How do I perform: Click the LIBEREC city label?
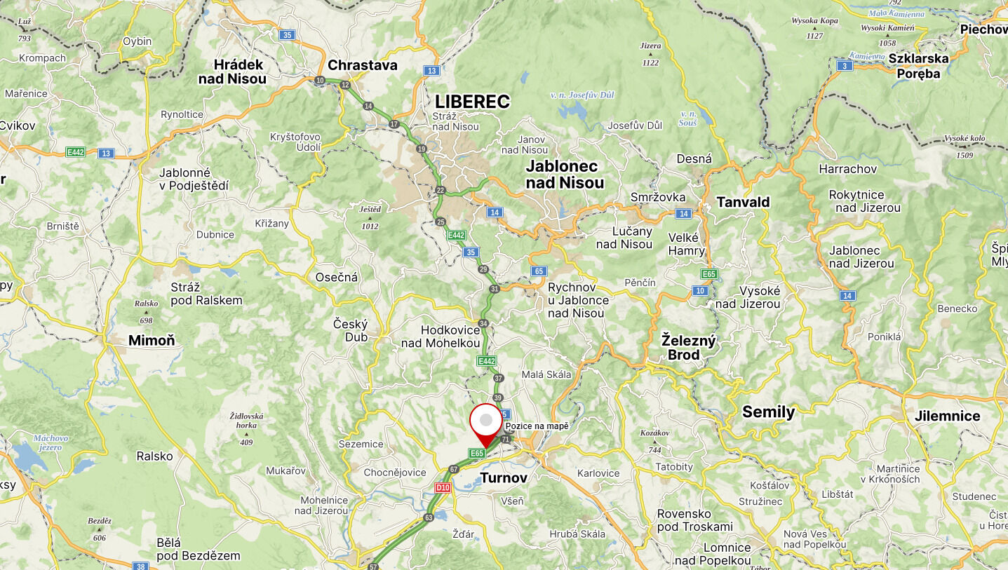472,102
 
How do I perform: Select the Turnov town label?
504,478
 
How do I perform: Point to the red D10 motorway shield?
442,487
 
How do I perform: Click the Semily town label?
768,412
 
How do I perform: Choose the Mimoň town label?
152,341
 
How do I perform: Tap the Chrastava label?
363,65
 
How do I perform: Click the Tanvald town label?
743,202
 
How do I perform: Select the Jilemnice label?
947,416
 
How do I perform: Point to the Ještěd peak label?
370,209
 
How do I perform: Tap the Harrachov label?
847,169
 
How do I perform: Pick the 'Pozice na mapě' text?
537,426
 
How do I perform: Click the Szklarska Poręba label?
918,65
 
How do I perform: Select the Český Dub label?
350,330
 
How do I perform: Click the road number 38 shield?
141,566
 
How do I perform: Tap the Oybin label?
137,41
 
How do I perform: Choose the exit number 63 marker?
429,517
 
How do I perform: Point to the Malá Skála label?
547,374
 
